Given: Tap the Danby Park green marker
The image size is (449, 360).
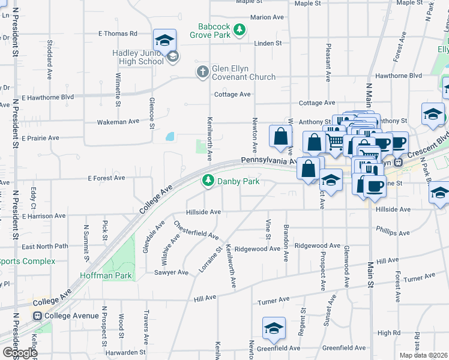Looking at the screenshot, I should pos(208,181).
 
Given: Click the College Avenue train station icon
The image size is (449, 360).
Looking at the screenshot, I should pos(37,316).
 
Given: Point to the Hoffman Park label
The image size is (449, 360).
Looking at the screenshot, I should pos(97,276).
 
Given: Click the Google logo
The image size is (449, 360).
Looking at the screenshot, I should pos(19,352).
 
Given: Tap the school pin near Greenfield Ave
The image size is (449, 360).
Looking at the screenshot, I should pos(273,329).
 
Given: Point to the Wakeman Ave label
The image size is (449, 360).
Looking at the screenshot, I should pos(118,122).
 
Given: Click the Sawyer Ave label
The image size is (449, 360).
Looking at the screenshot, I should pos(172,272).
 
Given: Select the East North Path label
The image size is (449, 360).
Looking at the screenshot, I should pos(45,247).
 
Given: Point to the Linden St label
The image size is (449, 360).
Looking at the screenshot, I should pos(268,43).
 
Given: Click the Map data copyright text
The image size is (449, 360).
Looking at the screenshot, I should pos(423,355).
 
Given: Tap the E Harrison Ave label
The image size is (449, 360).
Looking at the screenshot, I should pos(43,215).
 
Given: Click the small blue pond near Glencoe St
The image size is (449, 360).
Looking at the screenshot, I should pos(170,137).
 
